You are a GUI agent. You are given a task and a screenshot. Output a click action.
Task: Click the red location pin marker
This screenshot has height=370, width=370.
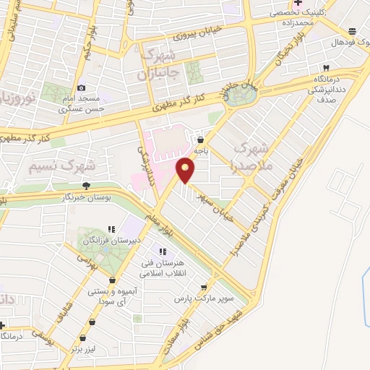coord(186,171)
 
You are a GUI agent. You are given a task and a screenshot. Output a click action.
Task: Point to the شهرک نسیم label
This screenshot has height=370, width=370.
coord(64,165)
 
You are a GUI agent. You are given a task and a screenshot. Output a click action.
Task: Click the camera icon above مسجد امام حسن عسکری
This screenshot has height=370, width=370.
coord(81,87)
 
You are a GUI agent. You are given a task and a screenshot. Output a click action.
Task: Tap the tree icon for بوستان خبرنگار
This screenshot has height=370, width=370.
coord(86,186)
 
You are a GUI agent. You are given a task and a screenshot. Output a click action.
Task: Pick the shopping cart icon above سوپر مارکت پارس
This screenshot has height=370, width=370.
coord(212,285)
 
